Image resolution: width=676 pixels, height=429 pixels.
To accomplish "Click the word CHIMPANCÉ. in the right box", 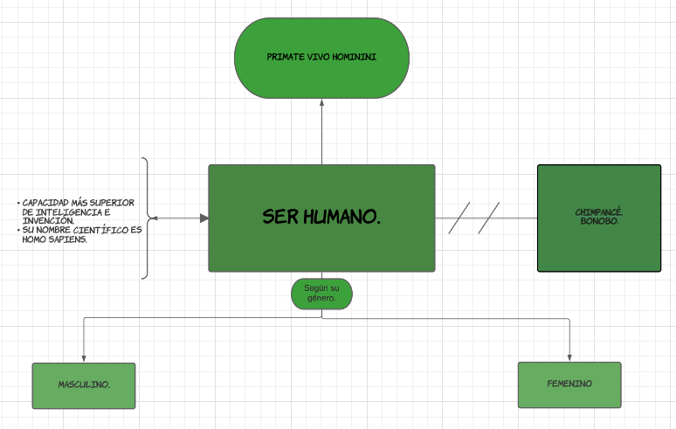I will pyautogui.click(x=598, y=212).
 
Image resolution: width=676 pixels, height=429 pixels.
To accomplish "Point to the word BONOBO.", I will pyautogui.click(x=598, y=221).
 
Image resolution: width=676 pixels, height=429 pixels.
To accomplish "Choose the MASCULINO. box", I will pyautogui.click(x=84, y=385).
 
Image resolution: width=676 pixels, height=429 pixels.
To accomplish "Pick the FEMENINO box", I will pyautogui.click(x=569, y=384).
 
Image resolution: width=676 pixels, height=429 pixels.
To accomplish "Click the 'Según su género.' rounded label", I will pyautogui.click(x=321, y=293).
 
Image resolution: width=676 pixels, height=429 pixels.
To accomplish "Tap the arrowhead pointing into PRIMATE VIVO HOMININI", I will pyautogui.click(x=321, y=102).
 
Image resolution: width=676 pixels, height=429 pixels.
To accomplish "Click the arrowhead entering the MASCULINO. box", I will pyautogui.click(x=84, y=357).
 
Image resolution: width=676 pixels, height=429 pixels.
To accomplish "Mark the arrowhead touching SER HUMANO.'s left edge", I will pyautogui.click(x=203, y=218).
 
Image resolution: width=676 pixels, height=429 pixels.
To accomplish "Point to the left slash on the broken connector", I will pyautogui.click(x=459, y=218).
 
